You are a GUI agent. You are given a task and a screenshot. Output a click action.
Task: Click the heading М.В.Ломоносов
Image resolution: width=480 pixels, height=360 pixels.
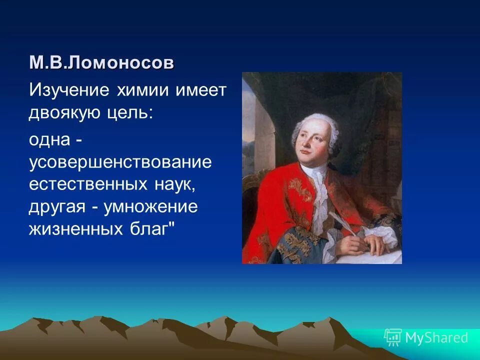pos(102,63)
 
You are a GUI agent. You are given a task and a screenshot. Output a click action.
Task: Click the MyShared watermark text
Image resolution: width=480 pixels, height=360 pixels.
pos(436,337)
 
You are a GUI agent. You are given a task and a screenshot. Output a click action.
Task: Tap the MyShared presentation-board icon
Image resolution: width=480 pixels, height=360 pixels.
pos(393,337)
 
